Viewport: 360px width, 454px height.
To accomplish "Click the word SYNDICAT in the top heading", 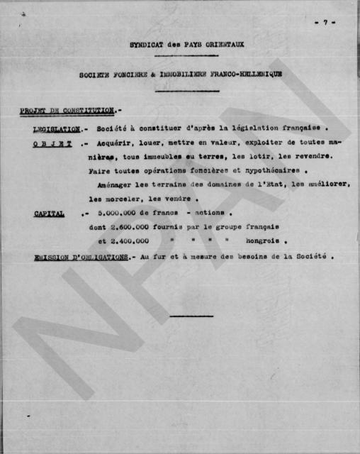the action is pos(146,44).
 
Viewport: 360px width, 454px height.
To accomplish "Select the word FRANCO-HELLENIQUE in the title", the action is pos(241,74).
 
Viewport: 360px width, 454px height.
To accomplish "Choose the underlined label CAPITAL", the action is pos(49,214).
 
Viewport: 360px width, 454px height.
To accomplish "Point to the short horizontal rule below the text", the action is pos(191,316).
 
